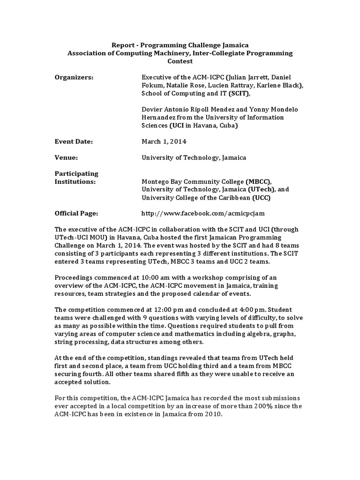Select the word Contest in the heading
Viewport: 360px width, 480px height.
coord(180,61)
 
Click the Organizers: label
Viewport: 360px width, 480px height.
coord(74,77)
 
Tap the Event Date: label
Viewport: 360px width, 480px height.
coord(74,141)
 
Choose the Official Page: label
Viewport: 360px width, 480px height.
coord(76,213)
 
